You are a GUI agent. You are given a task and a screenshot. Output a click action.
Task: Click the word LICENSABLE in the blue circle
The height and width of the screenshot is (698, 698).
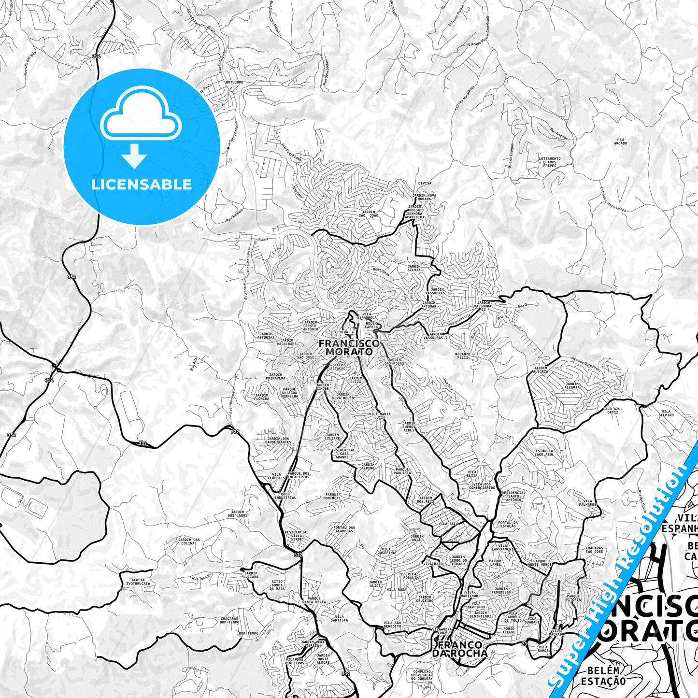[x=142, y=185]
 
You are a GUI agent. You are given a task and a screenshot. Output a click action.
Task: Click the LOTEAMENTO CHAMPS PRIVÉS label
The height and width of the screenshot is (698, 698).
[x=550, y=162]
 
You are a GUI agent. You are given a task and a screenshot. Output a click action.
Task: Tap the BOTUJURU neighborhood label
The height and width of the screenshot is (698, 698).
[x=234, y=83]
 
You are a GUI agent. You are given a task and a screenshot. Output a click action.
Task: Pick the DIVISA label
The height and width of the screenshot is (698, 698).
[x=425, y=184]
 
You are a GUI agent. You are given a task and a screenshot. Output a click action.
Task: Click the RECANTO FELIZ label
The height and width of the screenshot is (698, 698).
[x=462, y=356]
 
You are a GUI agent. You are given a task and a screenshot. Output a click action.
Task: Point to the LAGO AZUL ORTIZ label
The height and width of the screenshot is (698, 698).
[x=613, y=411]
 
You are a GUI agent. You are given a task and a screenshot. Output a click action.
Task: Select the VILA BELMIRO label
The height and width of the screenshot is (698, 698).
[x=666, y=413]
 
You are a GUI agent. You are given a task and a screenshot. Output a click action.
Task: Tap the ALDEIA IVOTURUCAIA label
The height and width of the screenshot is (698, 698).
[x=138, y=581]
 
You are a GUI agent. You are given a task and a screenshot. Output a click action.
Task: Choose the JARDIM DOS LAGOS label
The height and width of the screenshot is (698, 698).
[x=239, y=513]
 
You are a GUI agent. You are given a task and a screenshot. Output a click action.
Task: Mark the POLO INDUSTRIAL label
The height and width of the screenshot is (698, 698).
[x=285, y=496]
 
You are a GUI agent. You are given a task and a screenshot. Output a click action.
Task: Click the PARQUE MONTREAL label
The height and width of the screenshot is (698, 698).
[x=332, y=496]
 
